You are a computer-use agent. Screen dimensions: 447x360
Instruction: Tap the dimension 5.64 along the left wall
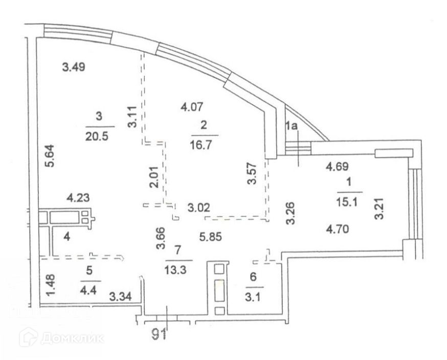(x=47, y=161)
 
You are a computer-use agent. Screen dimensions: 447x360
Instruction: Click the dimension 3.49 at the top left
(x=73, y=66)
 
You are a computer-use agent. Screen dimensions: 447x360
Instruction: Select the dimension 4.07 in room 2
(x=193, y=107)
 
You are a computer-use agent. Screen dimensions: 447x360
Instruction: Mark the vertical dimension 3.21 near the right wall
(x=379, y=209)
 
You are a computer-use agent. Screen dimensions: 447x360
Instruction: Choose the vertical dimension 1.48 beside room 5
(x=49, y=284)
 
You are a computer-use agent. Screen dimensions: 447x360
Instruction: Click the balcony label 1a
(x=292, y=126)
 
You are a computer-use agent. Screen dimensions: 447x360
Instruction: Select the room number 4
(x=66, y=236)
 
